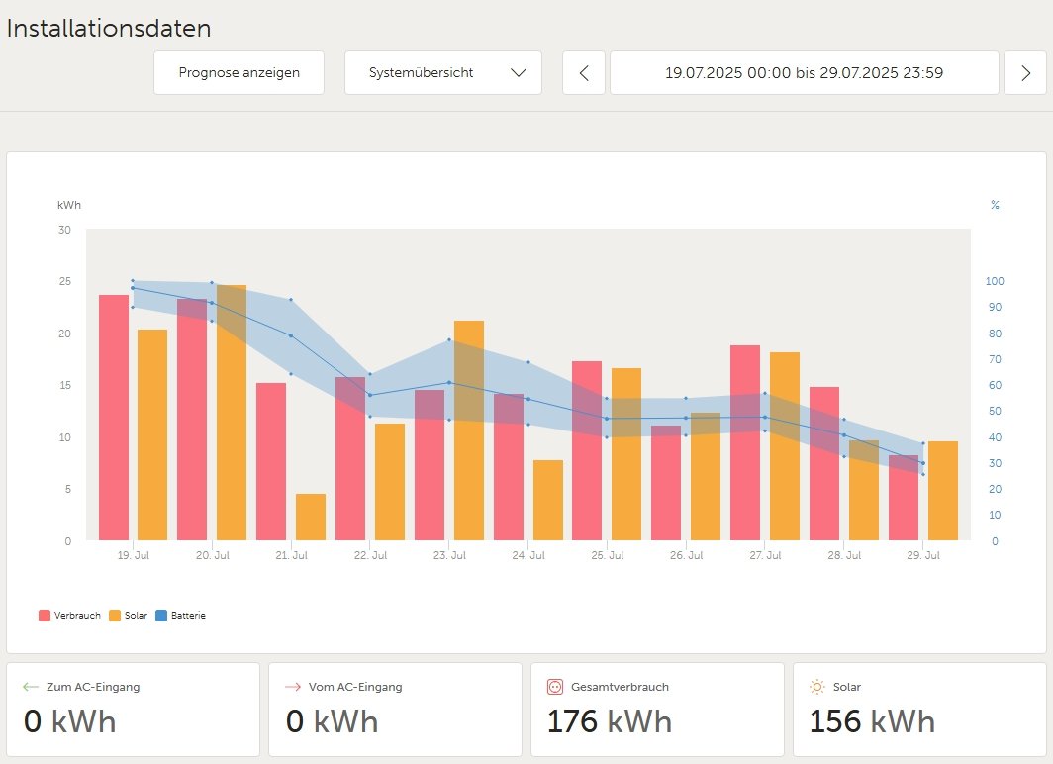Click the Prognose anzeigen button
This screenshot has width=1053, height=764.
pyautogui.click(x=239, y=73)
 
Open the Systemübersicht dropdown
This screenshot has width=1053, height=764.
pyautogui.click(x=442, y=73)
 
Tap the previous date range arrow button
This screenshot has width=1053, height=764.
pyautogui.click(x=584, y=73)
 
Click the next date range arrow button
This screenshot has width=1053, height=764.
pyautogui.click(x=1024, y=73)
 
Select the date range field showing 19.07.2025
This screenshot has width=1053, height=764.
pyautogui.click(x=804, y=73)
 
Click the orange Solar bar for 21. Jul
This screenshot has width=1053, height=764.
pyautogui.click(x=310, y=517)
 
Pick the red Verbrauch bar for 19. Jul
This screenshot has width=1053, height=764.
pyautogui.click(x=114, y=417)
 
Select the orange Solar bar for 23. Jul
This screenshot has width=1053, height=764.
pyautogui.click(x=468, y=430)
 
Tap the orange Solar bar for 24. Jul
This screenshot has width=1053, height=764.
pyautogui.click(x=547, y=500)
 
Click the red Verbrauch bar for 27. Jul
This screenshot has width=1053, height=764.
pyautogui.click(x=744, y=442)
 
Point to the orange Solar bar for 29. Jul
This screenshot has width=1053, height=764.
pyautogui.click(x=942, y=491)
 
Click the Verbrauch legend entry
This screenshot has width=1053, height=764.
pyautogui.click(x=70, y=616)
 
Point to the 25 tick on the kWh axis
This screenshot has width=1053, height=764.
pyautogui.click(x=65, y=282)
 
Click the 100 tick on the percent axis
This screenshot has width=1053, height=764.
pyautogui.click(x=994, y=282)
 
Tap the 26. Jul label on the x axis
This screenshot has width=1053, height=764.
pyautogui.click(x=685, y=556)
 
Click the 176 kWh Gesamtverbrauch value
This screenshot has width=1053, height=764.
pyautogui.click(x=609, y=721)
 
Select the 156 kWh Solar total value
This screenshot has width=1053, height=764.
pyautogui.click(x=871, y=721)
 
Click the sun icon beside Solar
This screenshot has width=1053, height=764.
pyautogui.click(x=816, y=687)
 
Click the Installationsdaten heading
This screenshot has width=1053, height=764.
pyautogui.click(x=109, y=28)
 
